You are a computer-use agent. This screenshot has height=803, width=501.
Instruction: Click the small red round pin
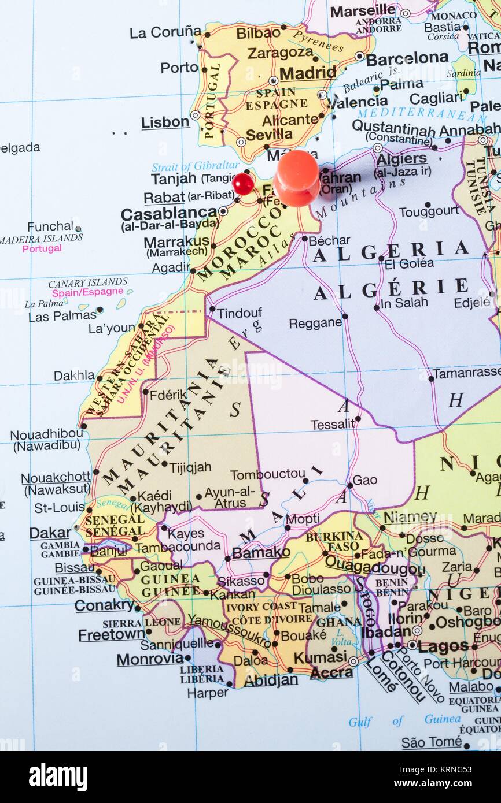(243, 184)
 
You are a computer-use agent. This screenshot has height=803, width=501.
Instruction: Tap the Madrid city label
(307, 73)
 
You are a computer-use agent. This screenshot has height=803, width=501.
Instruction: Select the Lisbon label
(165, 122)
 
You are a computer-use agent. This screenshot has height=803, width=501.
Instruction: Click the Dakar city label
(50, 533)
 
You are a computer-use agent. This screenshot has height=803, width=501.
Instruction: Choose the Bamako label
(261, 552)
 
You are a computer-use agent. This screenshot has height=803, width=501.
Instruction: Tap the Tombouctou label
(267, 475)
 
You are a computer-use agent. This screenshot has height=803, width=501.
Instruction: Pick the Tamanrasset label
(466, 373)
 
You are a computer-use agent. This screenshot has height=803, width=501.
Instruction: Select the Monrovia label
(150, 659)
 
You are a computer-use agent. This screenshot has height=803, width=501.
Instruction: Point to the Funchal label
(50, 226)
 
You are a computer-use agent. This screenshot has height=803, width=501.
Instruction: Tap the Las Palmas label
(62, 316)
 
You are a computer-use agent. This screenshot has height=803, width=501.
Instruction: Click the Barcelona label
(407, 58)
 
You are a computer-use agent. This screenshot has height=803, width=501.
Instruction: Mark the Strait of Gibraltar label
(195, 166)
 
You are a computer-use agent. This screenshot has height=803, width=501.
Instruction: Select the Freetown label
(111, 635)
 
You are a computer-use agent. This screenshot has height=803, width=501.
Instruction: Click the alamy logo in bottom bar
(58, 777)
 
